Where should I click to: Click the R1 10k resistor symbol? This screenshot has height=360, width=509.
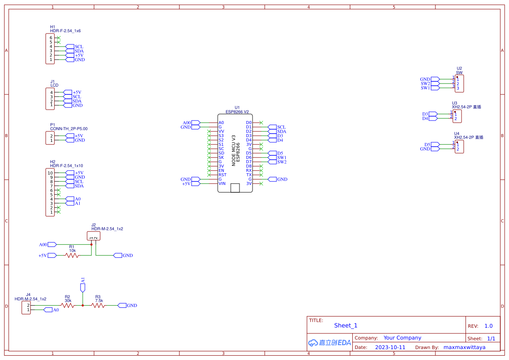pos(72,256)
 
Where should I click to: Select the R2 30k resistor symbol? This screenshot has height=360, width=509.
pos(67,306)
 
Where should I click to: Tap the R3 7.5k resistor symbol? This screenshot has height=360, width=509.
pos(98,306)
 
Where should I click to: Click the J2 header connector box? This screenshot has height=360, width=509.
pos(94,236)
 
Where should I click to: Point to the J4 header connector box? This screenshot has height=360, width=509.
pos(26,308)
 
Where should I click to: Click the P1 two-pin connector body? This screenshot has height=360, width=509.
pos(50,138)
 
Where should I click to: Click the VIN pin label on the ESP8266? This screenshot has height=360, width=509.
pos(222,184)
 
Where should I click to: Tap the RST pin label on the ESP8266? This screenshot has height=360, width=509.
pos(222,175)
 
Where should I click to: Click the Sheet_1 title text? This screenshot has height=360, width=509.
pos(346,326)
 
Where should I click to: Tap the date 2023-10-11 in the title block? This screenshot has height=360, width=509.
pos(390,347)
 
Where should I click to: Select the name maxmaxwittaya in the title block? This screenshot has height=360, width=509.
pos(464,347)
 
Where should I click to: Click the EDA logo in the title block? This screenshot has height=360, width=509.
pos(329,343)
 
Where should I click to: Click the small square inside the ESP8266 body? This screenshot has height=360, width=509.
pos(235,188)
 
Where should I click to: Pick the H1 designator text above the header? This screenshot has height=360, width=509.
pos(53,27)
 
